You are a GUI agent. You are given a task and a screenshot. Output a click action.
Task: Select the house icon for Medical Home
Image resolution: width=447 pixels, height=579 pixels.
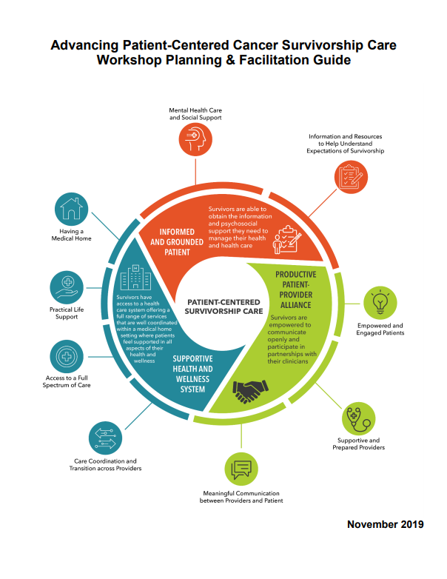pos(72,210)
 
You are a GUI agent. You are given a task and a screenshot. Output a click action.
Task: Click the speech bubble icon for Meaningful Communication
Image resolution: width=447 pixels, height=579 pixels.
pos(241,469)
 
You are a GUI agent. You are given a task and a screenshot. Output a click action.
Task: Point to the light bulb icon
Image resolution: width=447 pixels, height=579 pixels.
pos(380,301)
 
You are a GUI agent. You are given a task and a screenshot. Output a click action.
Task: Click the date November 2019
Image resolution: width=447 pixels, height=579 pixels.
pos(385,524)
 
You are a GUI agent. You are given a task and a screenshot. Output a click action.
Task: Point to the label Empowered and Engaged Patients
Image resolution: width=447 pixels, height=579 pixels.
pos(380,329)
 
